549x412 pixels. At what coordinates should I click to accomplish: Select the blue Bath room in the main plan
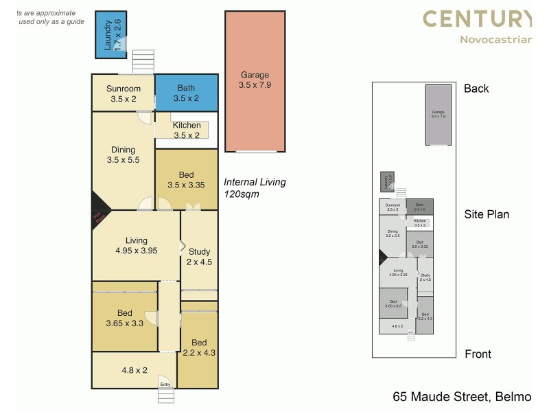[x=186, y=93]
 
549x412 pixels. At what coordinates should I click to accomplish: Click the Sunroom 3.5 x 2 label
[x=124, y=93]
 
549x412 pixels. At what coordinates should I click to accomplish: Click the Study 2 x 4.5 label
[x=199, y=256]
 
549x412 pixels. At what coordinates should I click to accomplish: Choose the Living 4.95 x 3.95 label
[x=137, y=245]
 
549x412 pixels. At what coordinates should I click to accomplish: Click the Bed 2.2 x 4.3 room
[x=198, y=347]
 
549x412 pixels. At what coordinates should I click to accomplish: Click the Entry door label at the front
[x=165, y=384]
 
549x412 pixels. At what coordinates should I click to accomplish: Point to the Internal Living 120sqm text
[x=255, y=188]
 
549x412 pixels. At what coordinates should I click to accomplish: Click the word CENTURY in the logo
[x=476, y=19]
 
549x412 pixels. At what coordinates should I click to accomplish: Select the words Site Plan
[x=487, y=214]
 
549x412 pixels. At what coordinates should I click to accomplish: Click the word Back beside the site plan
[x=476, y=89]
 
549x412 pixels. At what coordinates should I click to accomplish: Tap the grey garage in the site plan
[x=438, y=115]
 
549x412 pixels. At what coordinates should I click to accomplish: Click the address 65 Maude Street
[x=440, y=397]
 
